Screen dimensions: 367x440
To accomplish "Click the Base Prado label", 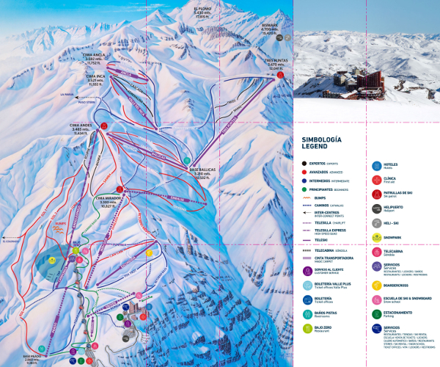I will [36, 359].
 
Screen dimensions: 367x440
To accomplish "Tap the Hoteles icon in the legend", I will [376, 167].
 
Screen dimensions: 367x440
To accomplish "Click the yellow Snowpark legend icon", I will [376, 238].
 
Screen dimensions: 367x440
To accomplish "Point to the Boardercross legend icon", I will [376, 286].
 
